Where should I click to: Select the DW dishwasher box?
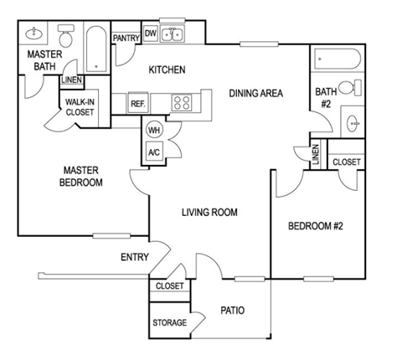(151, 33)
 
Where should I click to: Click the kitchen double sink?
(173, 34)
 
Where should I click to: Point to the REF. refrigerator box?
(137, 104)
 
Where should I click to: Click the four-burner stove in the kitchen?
(183, 103)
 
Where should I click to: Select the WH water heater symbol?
(153, 131)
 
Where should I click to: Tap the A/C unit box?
(153, 152)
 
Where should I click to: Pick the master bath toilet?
(65, 36)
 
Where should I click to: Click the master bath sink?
(34, 34)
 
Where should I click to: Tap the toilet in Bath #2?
(354, 87)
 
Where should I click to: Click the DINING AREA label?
(256, 93)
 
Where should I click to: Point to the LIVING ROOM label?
(209, 213)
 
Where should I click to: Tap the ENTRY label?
(135, 257)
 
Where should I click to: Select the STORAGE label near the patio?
(169, 322)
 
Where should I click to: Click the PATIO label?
(232, 310)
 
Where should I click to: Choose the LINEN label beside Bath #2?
(315, 154)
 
